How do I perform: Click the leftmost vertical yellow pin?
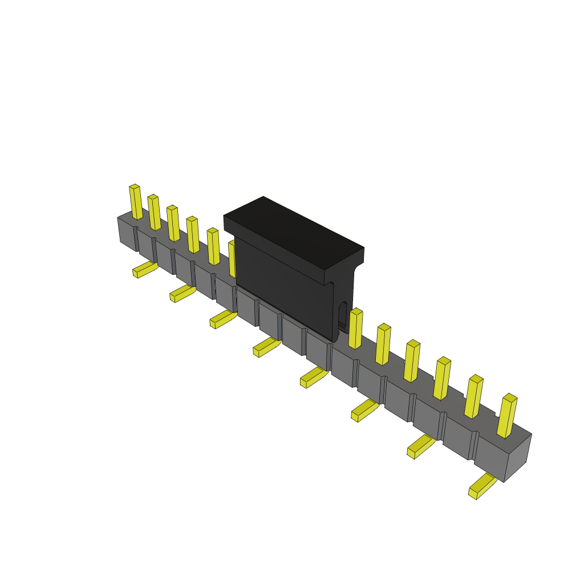(136, 202)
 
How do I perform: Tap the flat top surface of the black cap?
(294, 233)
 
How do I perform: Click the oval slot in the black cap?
(342, 314)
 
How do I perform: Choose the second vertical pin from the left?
(154, 213)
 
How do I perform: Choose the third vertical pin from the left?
(173, 224)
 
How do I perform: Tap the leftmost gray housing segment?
(127, 233)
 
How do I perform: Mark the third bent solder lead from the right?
(364, 410)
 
